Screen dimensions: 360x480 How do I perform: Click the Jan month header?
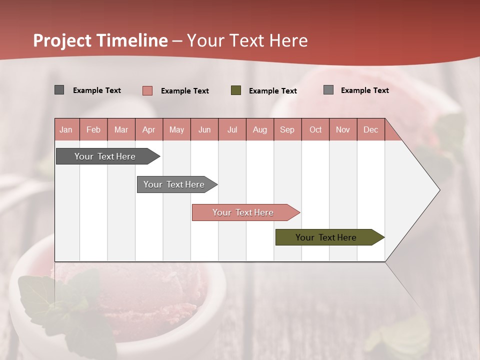(x=66, y=129)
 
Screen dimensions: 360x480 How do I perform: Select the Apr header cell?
(x=148, y=129)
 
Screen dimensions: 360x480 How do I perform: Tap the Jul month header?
(x=232, y=129)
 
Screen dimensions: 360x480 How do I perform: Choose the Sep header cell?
(x=287, y=129)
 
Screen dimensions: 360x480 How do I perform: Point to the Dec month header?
(x=370, y=129)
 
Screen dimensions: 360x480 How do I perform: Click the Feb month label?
(x=93, y=129)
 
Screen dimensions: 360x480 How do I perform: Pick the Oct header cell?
(x=315, y=129)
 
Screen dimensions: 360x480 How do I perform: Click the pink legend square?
(x=147, y=90)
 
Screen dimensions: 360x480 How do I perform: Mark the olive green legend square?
(x=236, y=90)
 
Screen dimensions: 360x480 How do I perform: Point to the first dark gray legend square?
(x=59, y=90)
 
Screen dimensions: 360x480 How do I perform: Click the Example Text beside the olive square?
(x=272, y=91)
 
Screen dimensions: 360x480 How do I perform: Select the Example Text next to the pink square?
(x=184, y=91)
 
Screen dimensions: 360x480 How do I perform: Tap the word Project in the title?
(x=62, y=40)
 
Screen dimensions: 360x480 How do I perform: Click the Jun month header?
(x=204, y=129)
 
